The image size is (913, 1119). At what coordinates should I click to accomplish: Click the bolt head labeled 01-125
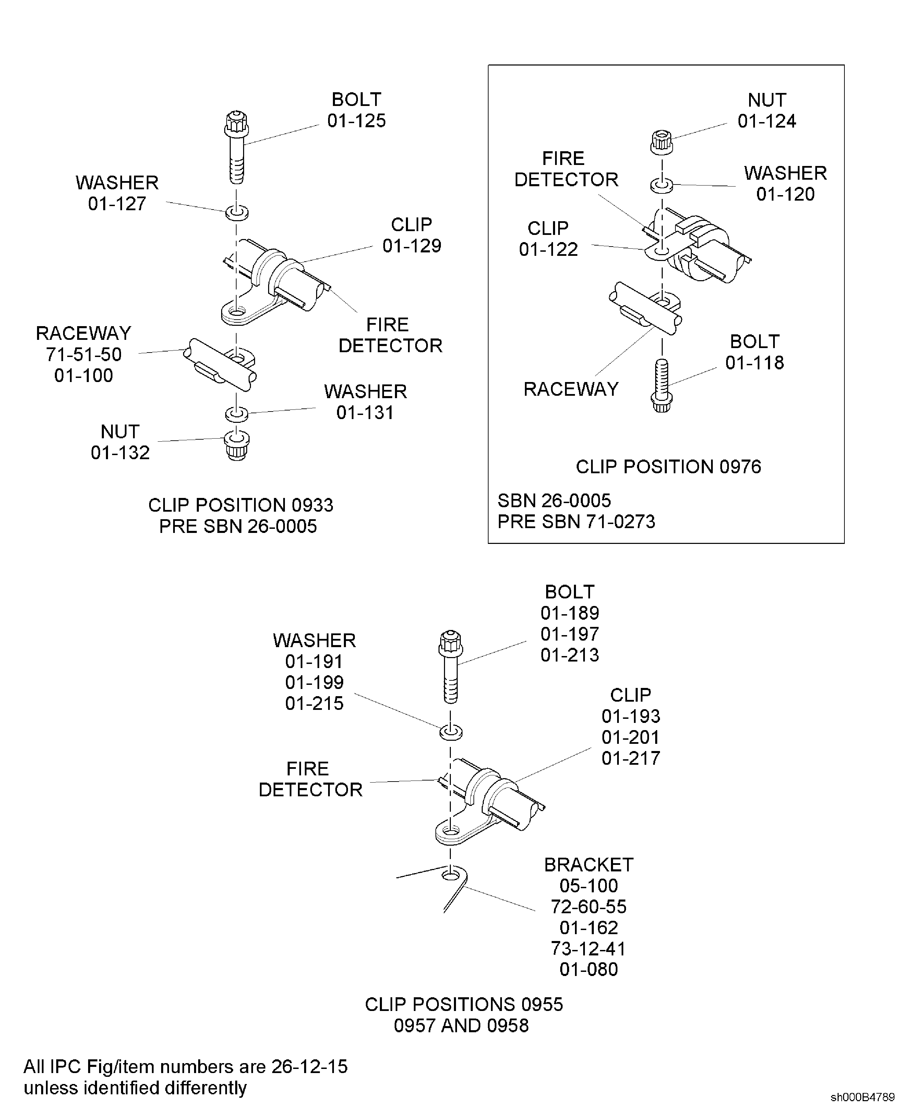coord(236,124)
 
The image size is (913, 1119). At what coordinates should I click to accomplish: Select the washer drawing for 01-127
coord(237,213)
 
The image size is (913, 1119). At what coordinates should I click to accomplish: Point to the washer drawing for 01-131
coord(237,414)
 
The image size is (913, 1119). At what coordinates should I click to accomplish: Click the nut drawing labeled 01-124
coord(662,142)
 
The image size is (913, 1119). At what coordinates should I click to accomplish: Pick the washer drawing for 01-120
coord(662,185)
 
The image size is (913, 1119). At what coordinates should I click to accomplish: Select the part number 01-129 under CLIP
coord(411,246)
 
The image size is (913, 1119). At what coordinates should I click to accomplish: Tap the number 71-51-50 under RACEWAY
coord(84,355)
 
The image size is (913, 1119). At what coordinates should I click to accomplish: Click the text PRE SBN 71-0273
coord(576,521)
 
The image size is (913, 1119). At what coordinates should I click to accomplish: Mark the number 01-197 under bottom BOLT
coord(569,634)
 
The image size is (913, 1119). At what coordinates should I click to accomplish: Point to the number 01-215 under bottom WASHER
coord(314,703)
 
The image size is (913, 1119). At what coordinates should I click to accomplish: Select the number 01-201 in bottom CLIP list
coord(630,737)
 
